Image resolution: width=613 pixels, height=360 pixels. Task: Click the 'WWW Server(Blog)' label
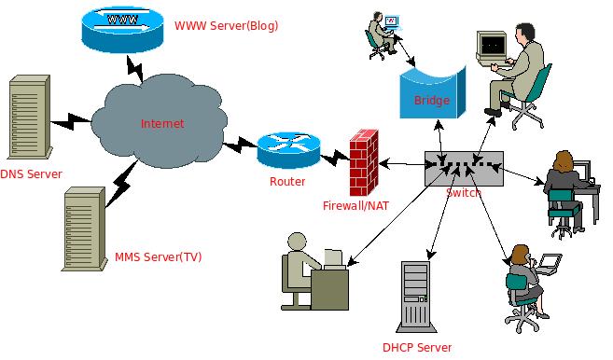226,24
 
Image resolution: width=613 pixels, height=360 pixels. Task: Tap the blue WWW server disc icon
119,27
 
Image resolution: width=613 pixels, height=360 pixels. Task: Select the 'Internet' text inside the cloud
162,123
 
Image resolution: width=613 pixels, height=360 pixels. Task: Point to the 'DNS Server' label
30,174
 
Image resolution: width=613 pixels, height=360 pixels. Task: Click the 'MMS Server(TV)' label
158,256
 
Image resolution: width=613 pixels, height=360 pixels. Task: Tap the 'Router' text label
286,181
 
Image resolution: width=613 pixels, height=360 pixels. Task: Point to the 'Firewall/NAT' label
355,205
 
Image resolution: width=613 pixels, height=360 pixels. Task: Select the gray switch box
463,168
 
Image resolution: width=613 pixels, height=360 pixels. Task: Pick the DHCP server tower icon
417,297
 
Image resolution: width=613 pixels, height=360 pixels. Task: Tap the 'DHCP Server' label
416,348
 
